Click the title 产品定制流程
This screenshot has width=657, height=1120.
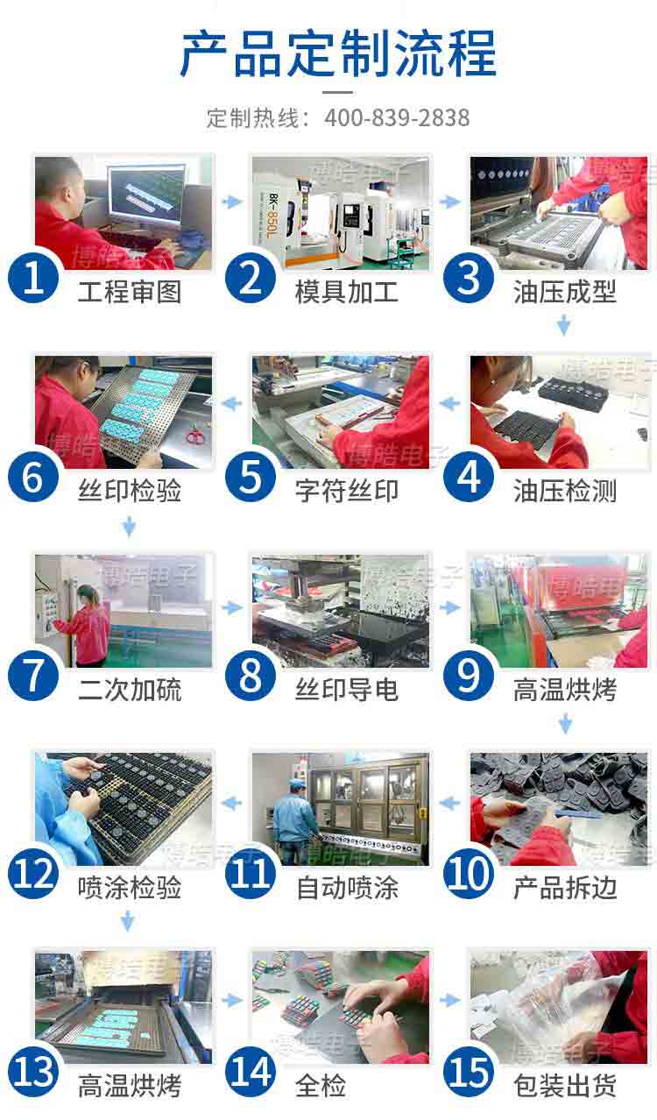[x=337, y=54]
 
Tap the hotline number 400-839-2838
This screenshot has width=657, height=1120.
[x=397, y=117]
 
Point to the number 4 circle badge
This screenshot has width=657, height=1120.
[x=470, y=477]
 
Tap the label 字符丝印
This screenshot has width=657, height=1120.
[x=346, y=492]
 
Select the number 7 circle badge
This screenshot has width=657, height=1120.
[x=32, y=676]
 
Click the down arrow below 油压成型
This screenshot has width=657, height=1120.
[x=563, y=326]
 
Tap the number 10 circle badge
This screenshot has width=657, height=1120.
[x=470, y=874]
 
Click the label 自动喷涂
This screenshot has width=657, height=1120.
[x=346, y=889]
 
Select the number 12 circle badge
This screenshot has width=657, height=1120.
[x=32, y=874]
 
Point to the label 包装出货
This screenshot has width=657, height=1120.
[x=564, y=1087]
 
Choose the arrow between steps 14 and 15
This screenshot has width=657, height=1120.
[x=450, y=1000]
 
